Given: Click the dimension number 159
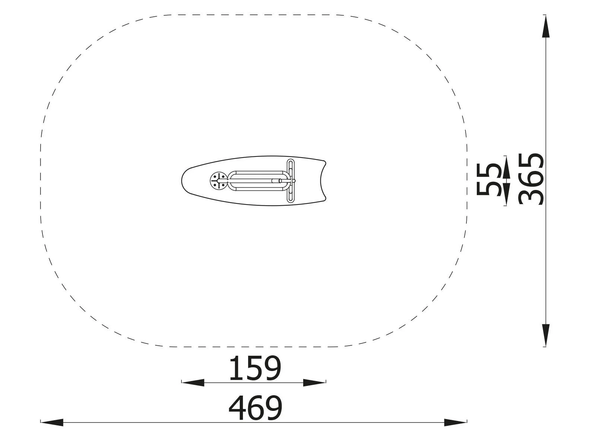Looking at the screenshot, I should (x=254, y=368).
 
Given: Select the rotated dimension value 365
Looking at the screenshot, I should (x=531, y=179).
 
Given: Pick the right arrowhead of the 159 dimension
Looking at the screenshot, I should (x=315, y=382).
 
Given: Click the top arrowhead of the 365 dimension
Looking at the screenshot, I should (x=546, y=26).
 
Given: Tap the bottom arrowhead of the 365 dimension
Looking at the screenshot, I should (x=546, y=335).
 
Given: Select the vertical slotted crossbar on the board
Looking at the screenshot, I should (x=291, y=181).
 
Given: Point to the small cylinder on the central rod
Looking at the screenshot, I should (x=276, y=181).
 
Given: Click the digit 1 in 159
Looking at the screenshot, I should (x=235, y=368).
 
